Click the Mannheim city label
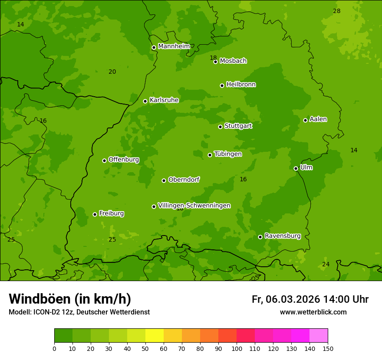pos(174,46)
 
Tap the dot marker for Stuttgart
pos(220,127)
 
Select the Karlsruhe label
pos(164,100)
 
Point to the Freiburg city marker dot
pos(95,214)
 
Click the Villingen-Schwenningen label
pos(194,206)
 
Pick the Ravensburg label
pos(282,236)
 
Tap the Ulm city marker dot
pos(296,168)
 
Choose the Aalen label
pos(318,119)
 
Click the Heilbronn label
pos(240,85)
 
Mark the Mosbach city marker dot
pos(215,62)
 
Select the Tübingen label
pos(227,154)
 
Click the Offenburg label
pos(123,160)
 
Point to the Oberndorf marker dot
pos(164,180)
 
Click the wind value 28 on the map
pos(336,11)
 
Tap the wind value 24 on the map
pos(326,264)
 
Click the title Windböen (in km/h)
pos(70,299)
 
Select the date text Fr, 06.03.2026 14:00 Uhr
pos(310,299)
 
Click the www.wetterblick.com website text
pos(313,312)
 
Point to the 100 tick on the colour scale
pos(237,348)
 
